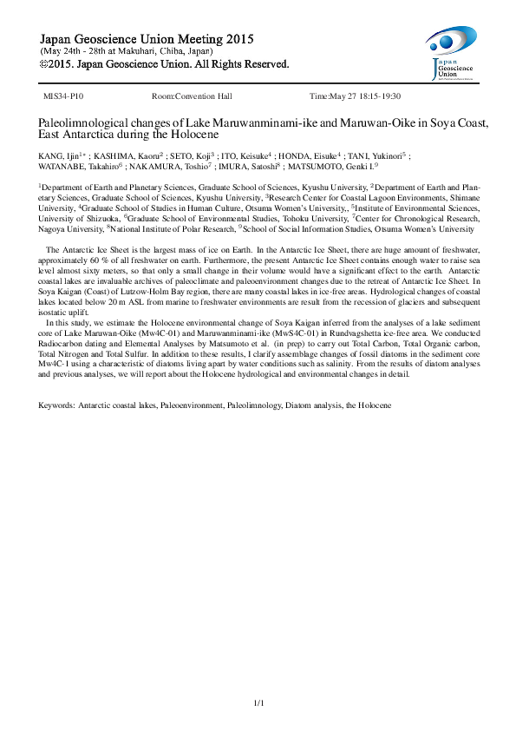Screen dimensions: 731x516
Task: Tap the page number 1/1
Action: pos(258,702)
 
